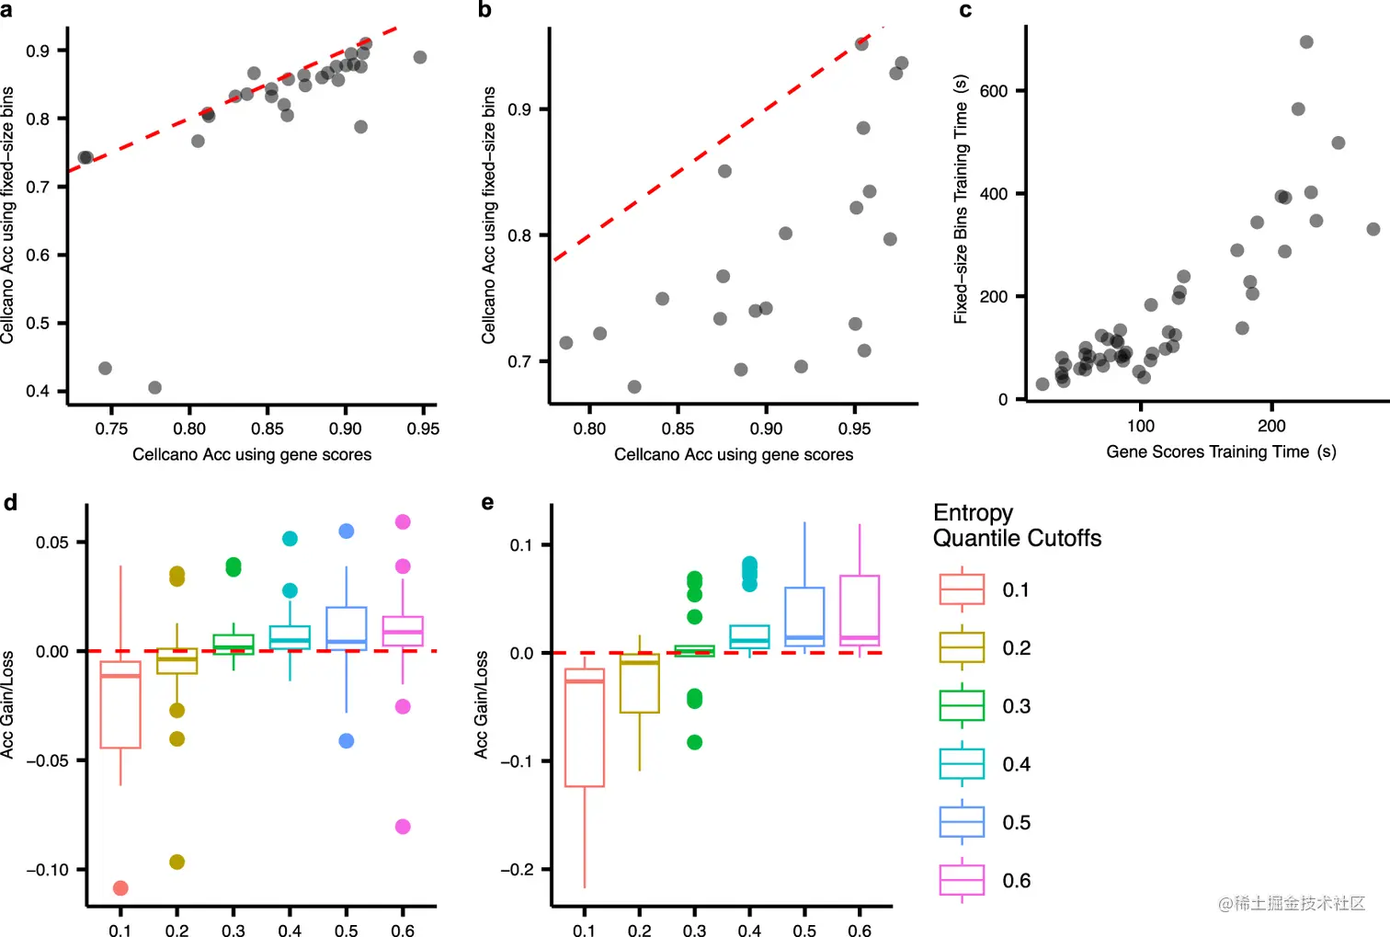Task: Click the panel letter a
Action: point(6,11)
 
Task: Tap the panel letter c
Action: point(965,11)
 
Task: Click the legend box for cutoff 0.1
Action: point(962,589)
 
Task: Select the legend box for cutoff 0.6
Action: point(962,880)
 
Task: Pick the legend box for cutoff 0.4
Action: point(962,764)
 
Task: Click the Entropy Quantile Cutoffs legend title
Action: point(1016,525)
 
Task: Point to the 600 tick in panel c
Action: point(994,91)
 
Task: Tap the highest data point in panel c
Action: point(1306,42)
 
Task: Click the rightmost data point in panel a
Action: point(420,57)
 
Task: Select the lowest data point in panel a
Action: point(154,388)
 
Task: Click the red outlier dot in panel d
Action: point(120,888)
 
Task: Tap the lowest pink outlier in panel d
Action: point(403,827)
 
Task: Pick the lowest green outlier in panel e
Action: point(695,742)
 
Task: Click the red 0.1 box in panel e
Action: point(585,727)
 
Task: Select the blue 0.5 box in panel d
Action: point(347,629)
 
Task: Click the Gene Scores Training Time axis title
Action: point(1220,451)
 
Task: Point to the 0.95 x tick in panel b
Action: point(854,429)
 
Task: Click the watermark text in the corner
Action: point(1291,904)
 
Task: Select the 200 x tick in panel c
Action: point(1271,426)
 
